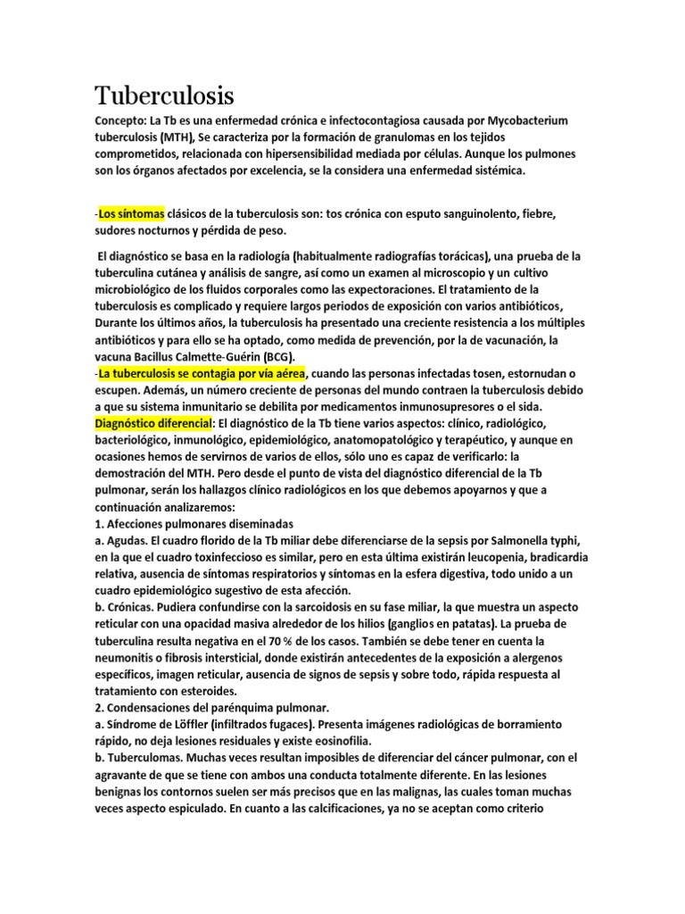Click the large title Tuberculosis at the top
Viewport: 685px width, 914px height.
point(164,95)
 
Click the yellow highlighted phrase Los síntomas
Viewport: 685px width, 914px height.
point(131,214)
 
